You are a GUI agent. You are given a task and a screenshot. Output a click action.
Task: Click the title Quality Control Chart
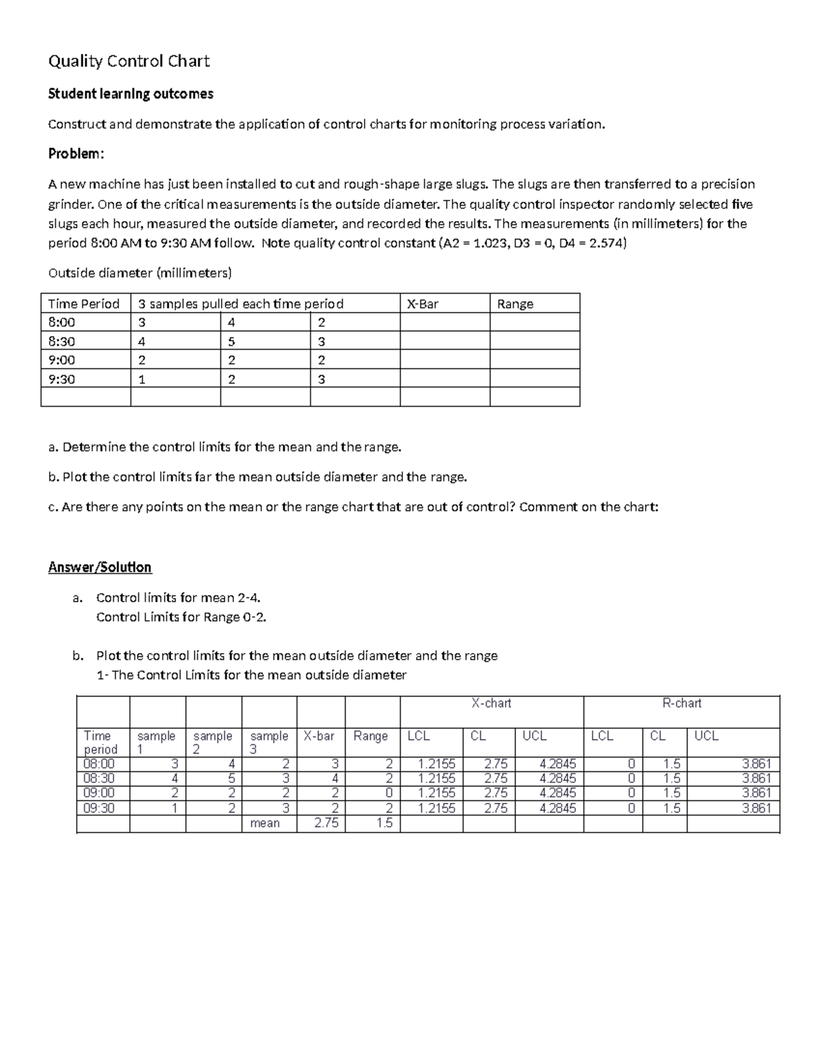129,62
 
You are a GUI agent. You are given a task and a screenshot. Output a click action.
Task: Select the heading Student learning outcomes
131,94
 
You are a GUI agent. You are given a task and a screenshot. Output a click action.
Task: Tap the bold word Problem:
76,154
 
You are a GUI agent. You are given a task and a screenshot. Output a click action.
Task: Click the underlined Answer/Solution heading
100,567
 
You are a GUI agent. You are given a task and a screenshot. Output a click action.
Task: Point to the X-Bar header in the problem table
423,304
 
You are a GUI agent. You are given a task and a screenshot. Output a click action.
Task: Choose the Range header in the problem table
515,304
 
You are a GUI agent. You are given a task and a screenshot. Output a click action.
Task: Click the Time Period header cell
83,304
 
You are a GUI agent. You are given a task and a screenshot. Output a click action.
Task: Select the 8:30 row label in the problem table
62,342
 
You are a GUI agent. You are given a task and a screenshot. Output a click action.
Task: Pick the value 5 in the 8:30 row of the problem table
231,342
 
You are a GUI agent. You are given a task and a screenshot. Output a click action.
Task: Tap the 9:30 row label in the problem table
62,379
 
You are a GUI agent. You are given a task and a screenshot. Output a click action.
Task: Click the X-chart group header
491,703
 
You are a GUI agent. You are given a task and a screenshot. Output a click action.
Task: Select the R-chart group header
681,703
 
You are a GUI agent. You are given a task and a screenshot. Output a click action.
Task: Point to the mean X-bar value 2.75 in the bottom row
326,823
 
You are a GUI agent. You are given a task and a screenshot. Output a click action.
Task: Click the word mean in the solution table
265,823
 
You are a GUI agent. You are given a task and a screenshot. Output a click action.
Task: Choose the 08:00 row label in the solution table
99,764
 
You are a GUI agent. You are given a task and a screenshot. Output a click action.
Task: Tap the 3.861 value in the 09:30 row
757,808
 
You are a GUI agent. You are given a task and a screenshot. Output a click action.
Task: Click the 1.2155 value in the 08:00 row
436,764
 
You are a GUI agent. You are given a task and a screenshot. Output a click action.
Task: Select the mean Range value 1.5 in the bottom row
385,823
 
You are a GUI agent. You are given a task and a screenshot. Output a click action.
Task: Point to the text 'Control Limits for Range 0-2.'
181,617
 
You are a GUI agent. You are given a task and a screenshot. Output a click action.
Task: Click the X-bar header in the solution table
319,736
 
